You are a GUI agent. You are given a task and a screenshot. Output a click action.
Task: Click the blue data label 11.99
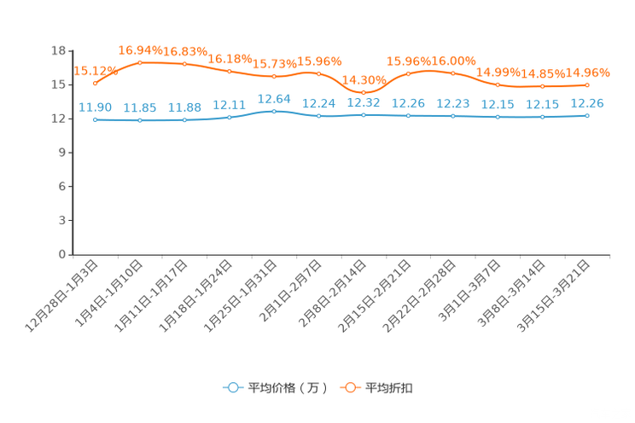coord(95,107)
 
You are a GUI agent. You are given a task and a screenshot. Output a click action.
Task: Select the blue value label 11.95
coord(140,108)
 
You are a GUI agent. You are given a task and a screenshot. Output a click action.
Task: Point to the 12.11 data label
coord(229,105)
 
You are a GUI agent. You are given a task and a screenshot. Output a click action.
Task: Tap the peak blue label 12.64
coord(274,98)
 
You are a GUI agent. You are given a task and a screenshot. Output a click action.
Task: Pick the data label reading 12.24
coord(318,103)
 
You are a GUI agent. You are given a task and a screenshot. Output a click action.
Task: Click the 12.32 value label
coord(363,102)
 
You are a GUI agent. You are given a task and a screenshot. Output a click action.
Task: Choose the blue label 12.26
coord(408,102)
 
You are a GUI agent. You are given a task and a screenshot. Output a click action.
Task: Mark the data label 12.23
coord(452,103)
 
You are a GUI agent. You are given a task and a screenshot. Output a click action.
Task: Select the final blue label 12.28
coord(586,102)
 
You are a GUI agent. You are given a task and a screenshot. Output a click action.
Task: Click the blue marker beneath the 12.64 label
coord(274,112)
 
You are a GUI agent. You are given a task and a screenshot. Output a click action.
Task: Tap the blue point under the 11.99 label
coord(95,120)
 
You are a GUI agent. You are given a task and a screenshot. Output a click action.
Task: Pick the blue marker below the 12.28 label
coord(587,115)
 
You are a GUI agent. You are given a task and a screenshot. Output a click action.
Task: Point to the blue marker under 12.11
coord(229,118)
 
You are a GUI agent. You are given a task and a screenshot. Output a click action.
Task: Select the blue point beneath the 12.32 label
coord(364,115)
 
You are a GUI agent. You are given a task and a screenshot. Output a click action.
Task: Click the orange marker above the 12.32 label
coord(364,92)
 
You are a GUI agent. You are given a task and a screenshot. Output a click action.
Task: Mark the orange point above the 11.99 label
coord(95,84)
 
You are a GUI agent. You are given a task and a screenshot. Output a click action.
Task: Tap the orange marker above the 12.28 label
coord(587,85)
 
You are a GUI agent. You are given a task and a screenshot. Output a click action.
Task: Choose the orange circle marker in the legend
coord(350,387)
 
